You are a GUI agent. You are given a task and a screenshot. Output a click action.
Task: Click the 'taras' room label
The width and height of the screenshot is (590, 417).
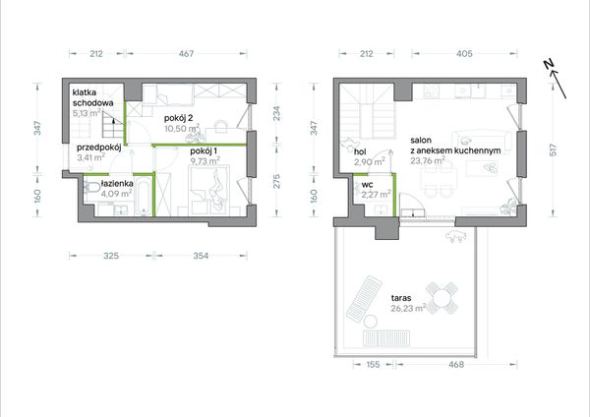click(x=401, y=298)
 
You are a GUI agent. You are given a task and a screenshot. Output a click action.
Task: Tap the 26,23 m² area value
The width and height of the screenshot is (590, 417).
click(x=408, y=308)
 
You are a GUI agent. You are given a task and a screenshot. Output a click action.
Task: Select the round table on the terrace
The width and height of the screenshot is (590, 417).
click(x=442, y=298)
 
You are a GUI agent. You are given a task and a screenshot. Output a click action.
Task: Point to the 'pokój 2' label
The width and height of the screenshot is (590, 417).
click(x=178, y=118)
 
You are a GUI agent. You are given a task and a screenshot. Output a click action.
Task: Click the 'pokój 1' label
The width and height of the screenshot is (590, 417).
click(x=204, y=151)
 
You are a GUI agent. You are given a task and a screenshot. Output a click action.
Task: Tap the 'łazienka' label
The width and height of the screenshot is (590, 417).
click(x=117, y=184)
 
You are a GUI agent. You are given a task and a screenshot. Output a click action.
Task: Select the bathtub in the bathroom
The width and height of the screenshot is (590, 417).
click(x=144, y=197)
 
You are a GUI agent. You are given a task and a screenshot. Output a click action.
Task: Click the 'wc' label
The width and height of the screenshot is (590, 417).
click(x=367, y=185)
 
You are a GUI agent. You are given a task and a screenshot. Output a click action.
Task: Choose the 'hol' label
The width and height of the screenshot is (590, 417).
click(x=360, y=152)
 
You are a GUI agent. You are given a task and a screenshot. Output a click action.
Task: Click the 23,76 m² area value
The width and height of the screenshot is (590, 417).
click(x=428, y=160)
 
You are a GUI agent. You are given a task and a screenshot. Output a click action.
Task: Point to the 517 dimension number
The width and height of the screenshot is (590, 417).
click(x=553, y=150)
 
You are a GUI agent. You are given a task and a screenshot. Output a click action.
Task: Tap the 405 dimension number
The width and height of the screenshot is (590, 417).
click(x=464, y=54)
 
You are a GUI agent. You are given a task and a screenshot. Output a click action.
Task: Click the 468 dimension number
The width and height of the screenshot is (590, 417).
click(x=456, y=364)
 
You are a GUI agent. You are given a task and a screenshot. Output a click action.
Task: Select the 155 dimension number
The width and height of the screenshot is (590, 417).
click(x=372, y=364)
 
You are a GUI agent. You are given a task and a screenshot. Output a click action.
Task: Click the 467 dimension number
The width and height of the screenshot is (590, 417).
click(x=186, y=54)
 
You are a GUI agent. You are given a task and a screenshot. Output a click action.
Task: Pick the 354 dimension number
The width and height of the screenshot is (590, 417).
click(x=201, y=256)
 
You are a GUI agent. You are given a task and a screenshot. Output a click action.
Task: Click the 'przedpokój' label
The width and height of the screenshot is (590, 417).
click(x=99, y=148)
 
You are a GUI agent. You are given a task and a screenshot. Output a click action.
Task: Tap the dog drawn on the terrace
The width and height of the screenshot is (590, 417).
click(x=456, y=237)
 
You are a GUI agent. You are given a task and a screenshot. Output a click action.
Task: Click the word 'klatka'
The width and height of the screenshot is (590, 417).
click(x=85, y=92)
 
